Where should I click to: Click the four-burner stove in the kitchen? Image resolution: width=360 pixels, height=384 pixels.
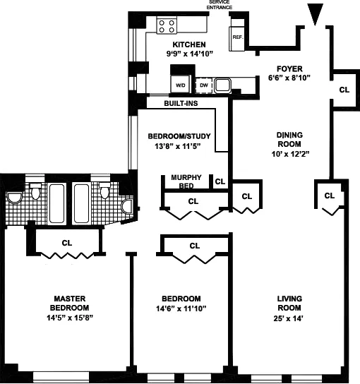[167, 26]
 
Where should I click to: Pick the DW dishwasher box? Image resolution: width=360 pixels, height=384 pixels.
[203, 85]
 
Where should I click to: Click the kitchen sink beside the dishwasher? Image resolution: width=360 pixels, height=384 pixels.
[224, 85]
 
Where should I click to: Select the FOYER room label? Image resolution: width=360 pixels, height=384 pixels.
[289, 68]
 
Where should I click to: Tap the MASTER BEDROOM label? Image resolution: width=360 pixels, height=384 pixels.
[68, 303]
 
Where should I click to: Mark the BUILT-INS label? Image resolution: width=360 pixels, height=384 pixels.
[181, 104]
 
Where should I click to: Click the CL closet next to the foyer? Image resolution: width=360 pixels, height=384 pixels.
[344, 90]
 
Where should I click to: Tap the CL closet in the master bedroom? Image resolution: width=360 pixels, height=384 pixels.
[67, 242]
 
